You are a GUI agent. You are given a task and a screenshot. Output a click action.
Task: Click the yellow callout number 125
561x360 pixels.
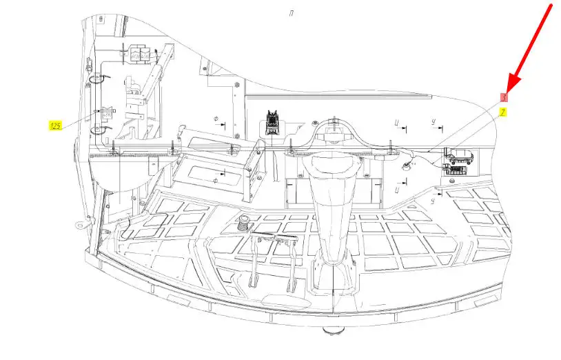tap(55, 126)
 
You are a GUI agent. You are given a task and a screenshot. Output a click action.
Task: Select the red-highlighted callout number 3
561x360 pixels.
tap(504, 98)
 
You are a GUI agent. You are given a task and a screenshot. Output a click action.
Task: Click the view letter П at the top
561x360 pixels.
tap(292, 13)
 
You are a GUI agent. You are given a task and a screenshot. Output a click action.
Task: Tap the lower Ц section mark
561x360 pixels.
tap(398, 188)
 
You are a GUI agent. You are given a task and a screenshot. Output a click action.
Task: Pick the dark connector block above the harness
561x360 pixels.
tap(272, 121)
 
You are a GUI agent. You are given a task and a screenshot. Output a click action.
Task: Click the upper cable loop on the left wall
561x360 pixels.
tap(98, 78)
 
